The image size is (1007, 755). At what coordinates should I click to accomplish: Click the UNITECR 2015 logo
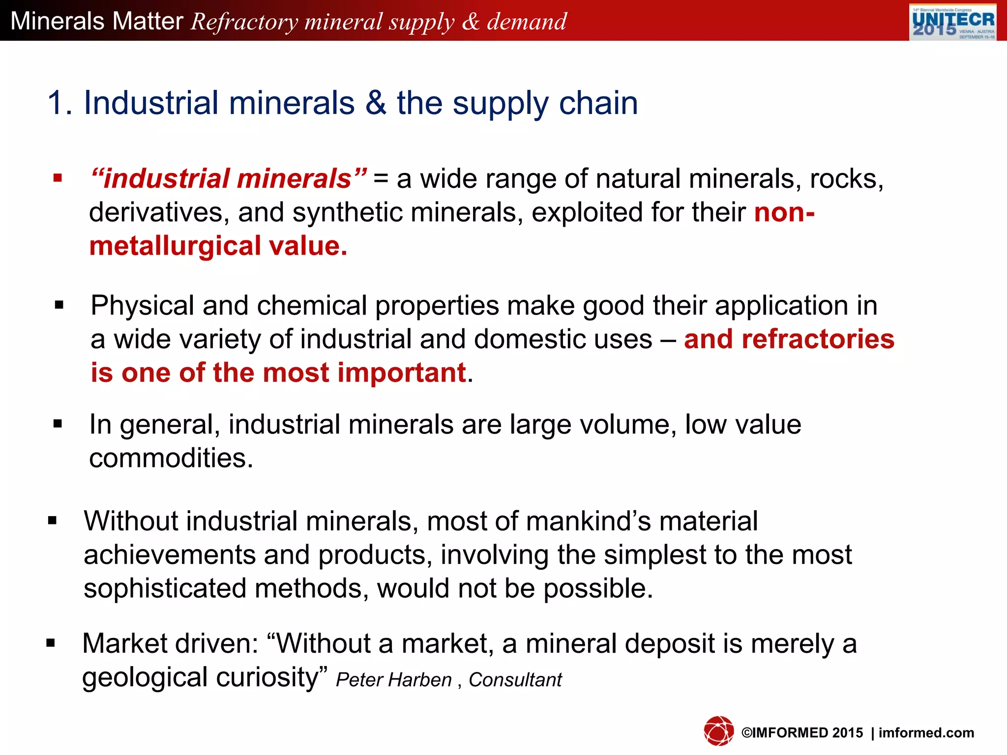pos(952,22)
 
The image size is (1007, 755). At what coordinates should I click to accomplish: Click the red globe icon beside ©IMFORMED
pos(718,731)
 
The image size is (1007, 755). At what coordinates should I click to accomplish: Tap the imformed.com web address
pos(926,733)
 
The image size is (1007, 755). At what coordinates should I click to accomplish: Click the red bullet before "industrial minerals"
pos(58,178)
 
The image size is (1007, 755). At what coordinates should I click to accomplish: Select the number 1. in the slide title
pos(59,103)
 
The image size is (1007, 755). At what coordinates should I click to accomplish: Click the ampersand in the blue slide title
pos(376,103)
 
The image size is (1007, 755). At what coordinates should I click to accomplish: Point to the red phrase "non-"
pos(784,212)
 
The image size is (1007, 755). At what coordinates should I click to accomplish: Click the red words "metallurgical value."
pos(218,246)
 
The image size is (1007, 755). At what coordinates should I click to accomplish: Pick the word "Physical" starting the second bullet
pos(142,305)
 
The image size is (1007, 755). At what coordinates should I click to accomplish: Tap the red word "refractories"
pos(818,339)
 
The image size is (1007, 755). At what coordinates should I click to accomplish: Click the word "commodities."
pos(171,458)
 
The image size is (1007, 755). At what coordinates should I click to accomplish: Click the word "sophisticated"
pos(165,588)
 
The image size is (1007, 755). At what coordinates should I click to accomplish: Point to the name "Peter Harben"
pos(393,680)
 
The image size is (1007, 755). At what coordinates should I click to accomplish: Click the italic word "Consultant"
pos(515,680)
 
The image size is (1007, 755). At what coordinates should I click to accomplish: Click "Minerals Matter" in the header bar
pos(97,21)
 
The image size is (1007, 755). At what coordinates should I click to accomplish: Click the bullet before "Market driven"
pos(51,643)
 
